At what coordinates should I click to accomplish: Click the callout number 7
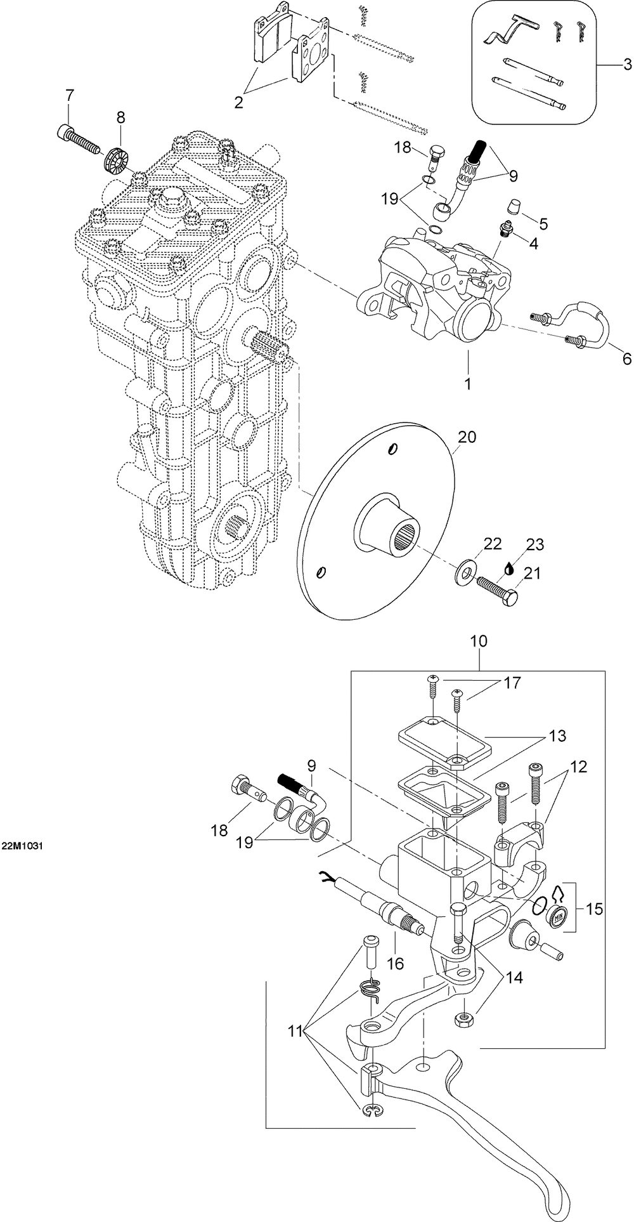click(x=69, y=96)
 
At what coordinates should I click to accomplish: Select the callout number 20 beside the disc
click(x=467, y=437)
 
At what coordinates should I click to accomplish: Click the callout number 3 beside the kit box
click(x=626, y=64)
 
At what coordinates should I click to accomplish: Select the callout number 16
click(x=395, y=963)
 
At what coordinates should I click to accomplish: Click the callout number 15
click(x=594, y=909)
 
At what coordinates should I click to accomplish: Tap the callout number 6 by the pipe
click(x=626, y=358)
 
